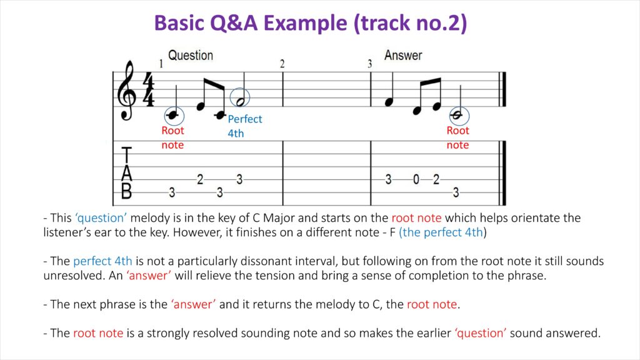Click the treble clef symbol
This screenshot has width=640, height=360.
[126, 91]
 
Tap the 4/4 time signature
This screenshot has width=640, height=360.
[148, 89]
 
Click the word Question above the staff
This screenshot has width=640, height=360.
[191, 55]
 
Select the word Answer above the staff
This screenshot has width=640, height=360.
[403, 55]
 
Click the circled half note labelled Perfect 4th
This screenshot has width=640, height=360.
[240, 97]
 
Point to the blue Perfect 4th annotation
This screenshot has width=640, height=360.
[244, 126]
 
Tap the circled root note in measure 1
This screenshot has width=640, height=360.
[174, 116]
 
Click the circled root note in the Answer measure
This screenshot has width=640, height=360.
[459, 116]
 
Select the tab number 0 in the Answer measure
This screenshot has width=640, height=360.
[416, 179]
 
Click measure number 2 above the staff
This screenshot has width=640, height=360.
[282, 64]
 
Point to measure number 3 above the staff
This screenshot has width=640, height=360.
[370, 64]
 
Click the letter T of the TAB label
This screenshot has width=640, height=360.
[127, 155]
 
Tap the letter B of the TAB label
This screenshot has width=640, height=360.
[127, 191]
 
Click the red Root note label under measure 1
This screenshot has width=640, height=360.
[172, 137]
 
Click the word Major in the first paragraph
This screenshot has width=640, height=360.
[279, 217]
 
